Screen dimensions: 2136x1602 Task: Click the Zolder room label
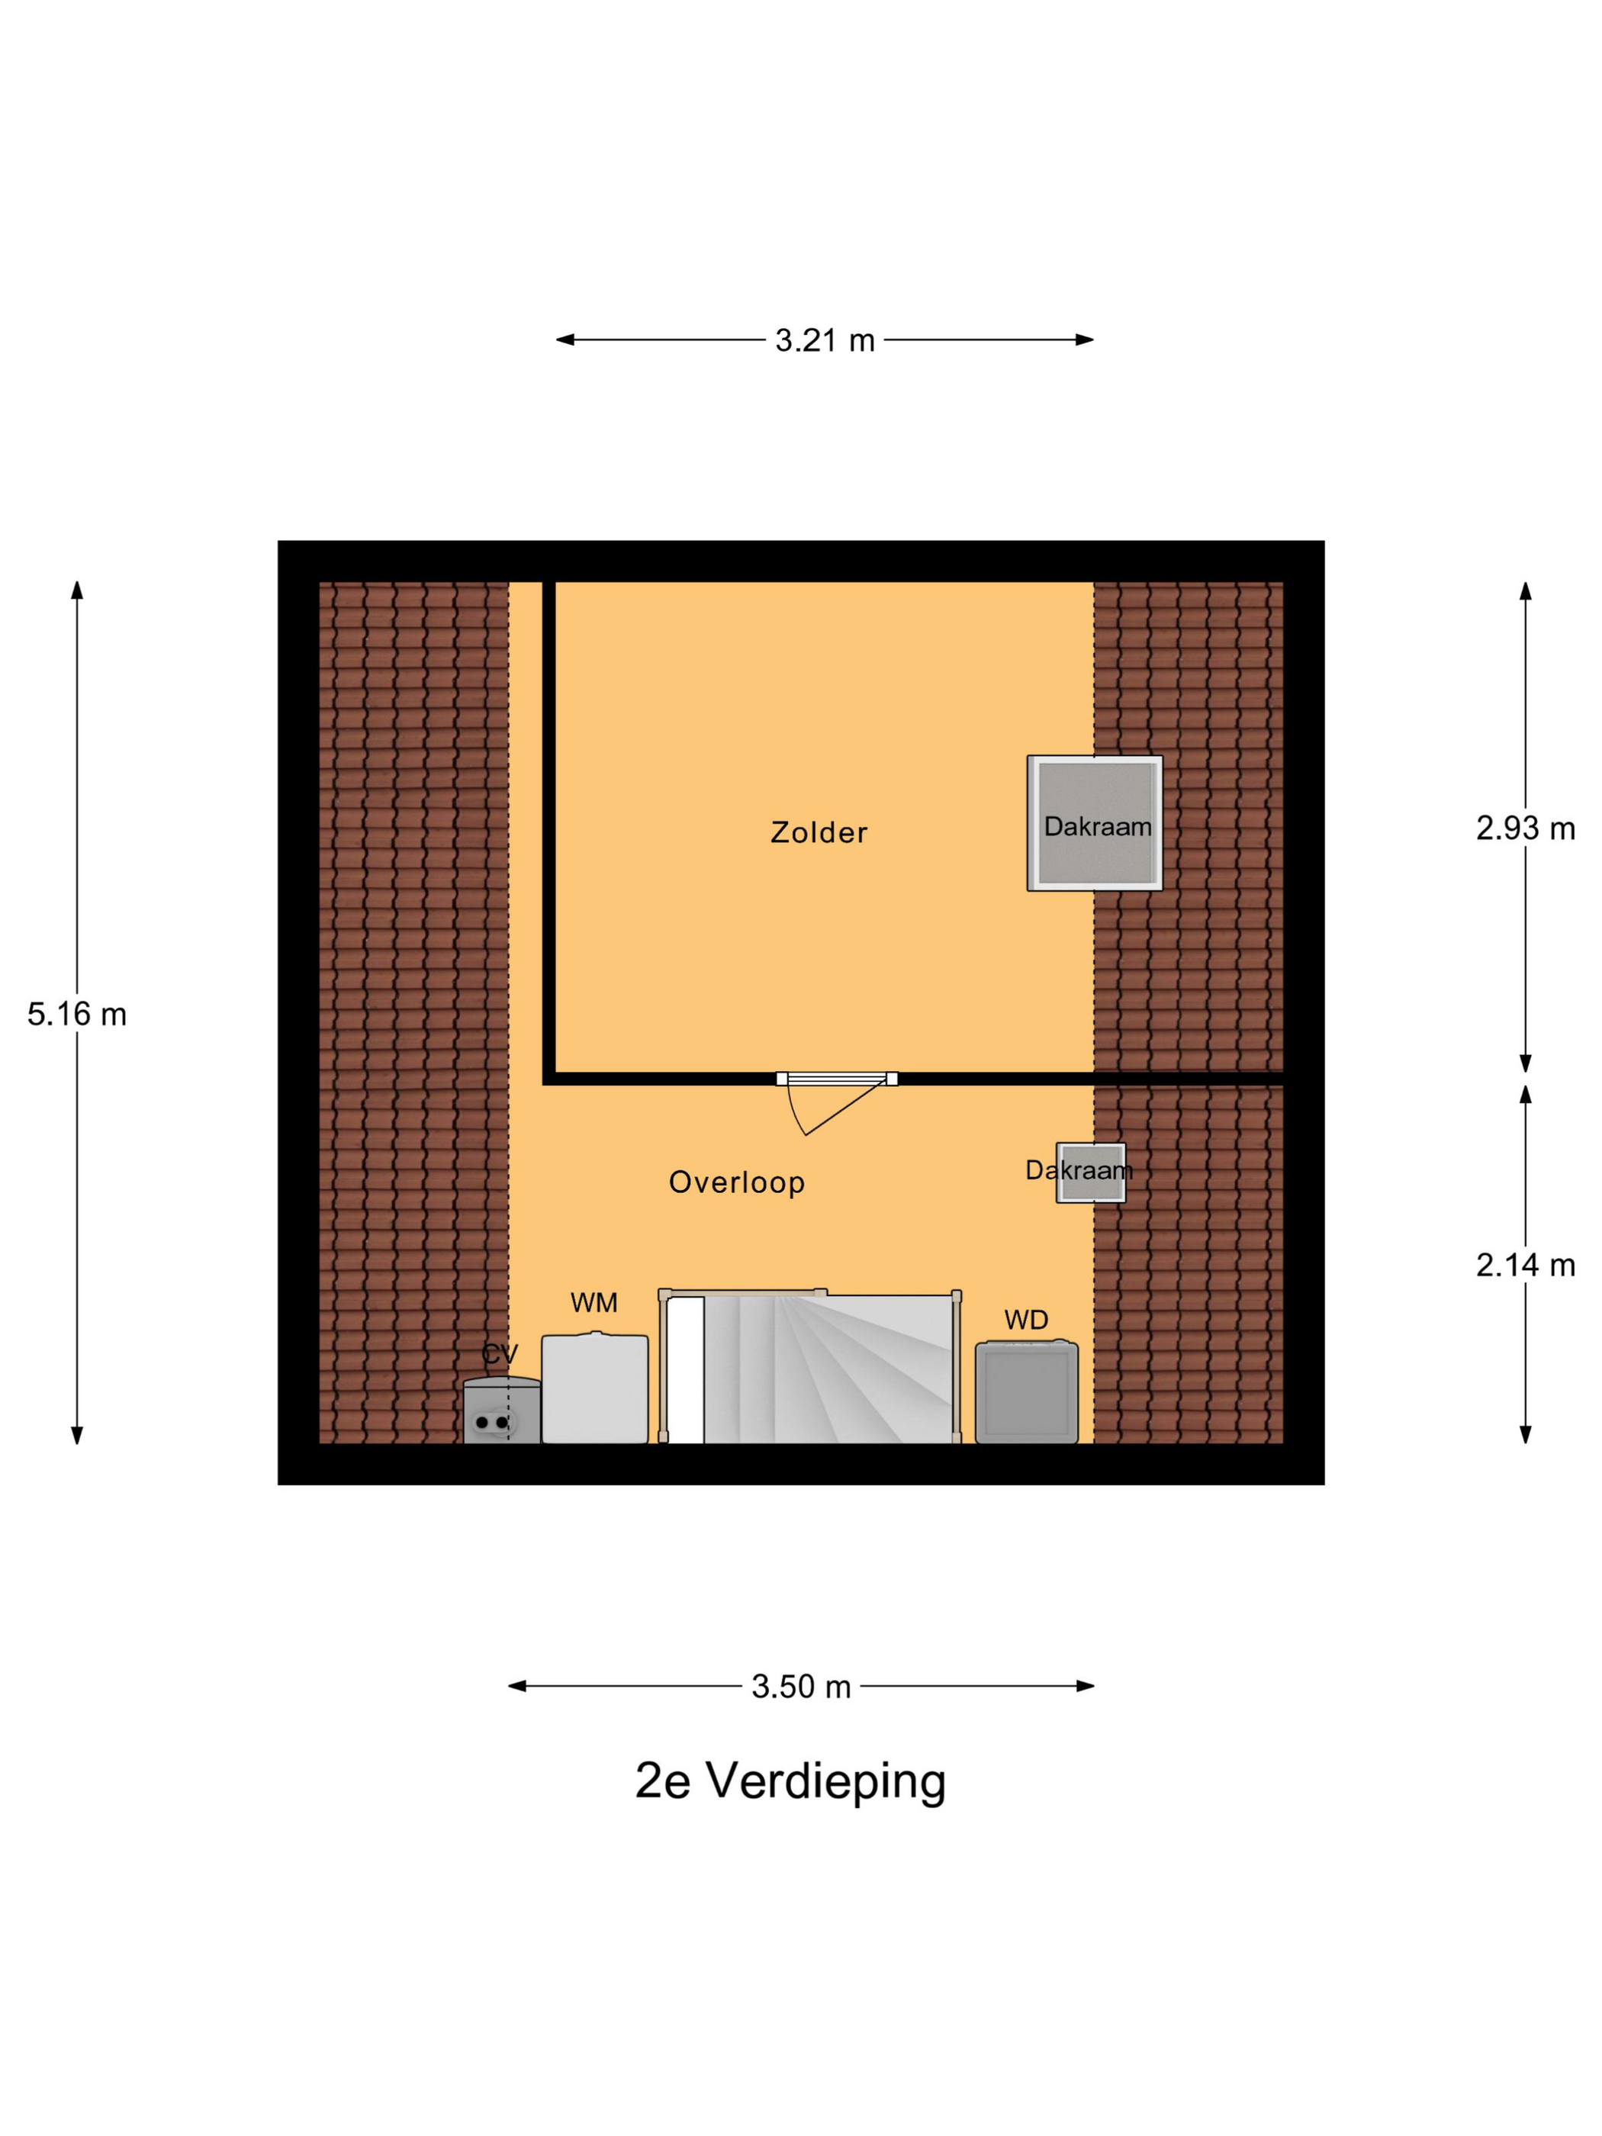click(818, 832)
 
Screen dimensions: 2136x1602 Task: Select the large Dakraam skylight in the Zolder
click(1094, 822)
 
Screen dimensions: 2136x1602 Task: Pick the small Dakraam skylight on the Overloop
click(1091, 1173)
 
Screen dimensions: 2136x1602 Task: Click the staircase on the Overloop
click(809, 1369)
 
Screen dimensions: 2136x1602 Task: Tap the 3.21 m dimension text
click(824, 340)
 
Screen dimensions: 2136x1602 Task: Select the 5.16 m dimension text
click(76, 1014)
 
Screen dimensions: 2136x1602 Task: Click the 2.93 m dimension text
click(1525, 828)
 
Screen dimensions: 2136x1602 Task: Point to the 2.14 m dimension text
click(1525, 1265)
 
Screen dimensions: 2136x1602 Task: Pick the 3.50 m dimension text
click(800, 1686)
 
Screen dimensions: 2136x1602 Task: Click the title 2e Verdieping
click(790, 1781)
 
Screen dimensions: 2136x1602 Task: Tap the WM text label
click(593, 1303)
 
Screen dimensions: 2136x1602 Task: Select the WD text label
click(1025, 1320)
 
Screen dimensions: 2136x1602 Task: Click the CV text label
click(499, 1355)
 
